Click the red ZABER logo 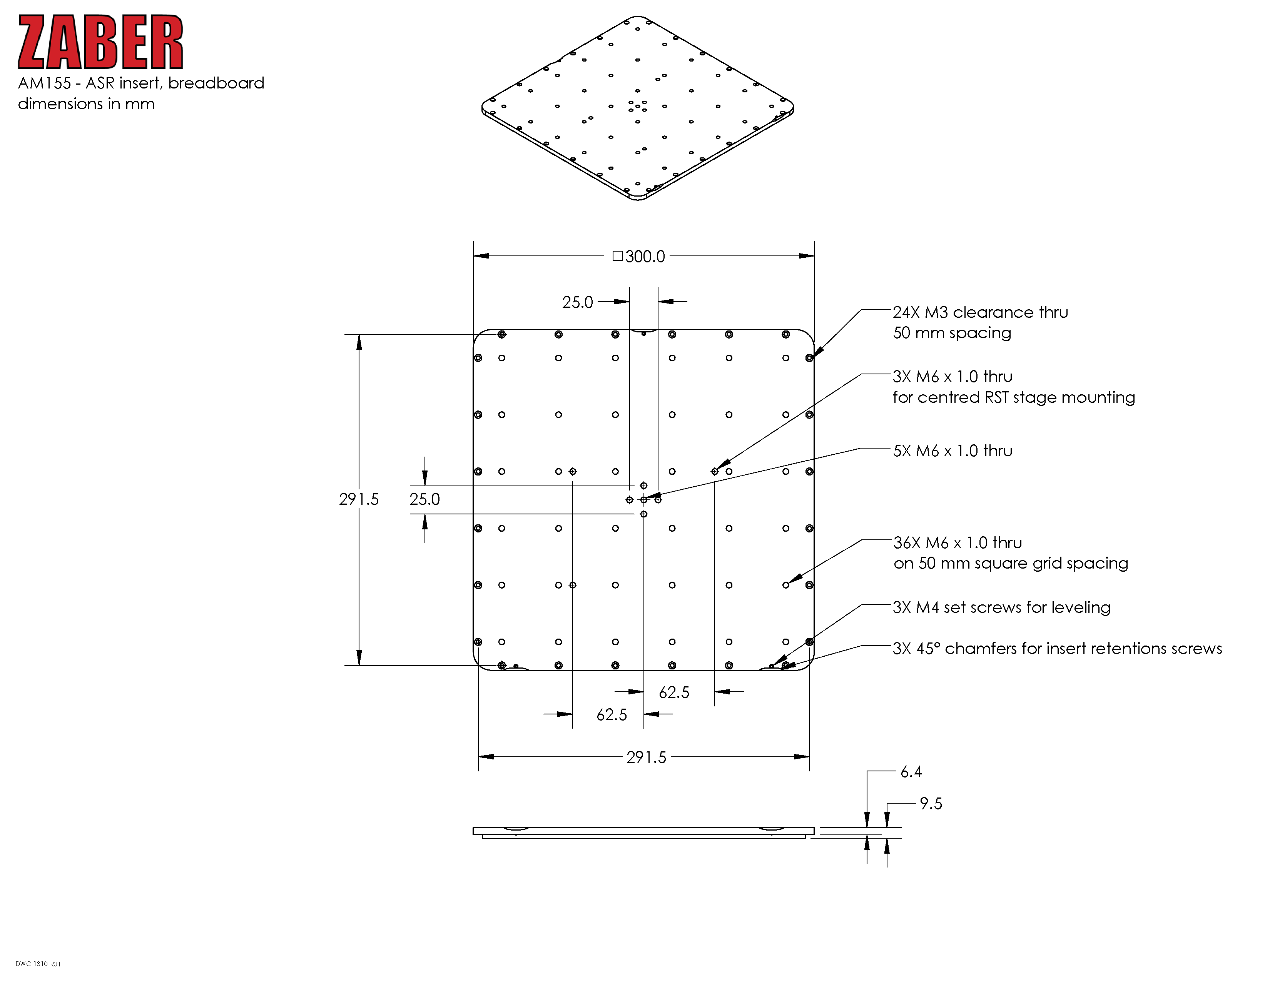click(x=100, y=42)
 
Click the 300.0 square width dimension click(x=638, y=256)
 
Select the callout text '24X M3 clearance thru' click(x=981, y=312)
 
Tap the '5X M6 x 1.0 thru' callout click(x=952, y=450)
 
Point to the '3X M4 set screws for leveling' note click(x=1001, y=607)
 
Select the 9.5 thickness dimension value click(x=931, y=804)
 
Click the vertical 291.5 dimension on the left click(x=359, y=499)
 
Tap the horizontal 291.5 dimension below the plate click(x=646, y=757)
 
